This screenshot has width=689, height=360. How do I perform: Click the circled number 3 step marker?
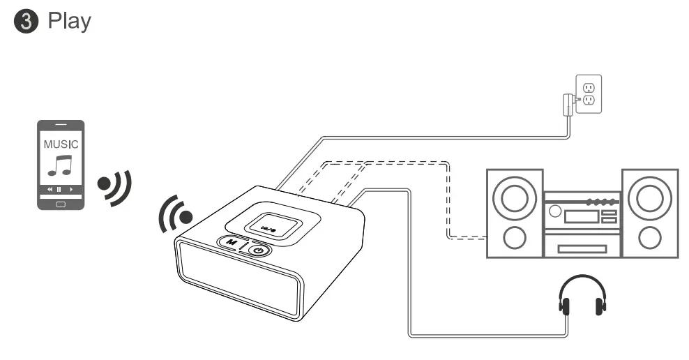tap(25, 22)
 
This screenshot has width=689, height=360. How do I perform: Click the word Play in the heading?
tap(69, 21)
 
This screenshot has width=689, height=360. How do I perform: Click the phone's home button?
tap(60, 204)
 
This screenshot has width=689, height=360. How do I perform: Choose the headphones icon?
tap(582, 297)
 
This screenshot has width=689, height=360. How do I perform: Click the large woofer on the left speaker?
tap(514, 197)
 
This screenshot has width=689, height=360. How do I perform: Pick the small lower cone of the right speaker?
tap(649, 238)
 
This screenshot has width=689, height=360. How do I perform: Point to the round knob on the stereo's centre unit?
tap(555, 210)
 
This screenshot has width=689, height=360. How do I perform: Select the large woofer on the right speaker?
tap(649, 197)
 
